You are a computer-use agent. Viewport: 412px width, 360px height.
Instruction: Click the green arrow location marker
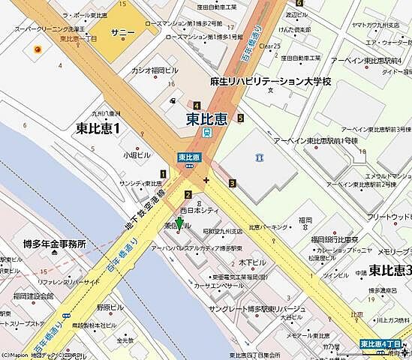[x=179, y=224]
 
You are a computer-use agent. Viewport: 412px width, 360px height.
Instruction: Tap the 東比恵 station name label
[x=207, y=118]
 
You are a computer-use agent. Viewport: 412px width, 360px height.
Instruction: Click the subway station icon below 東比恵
[x=206, y=132]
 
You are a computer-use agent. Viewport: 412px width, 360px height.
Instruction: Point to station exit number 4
[x=196, y=106]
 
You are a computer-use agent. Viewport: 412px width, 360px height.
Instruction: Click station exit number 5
[x=240, y=118]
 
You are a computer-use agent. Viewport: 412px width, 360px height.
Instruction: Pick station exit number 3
[x=233, y=183]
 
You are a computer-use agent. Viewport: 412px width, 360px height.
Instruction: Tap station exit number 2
[x=188, y=195]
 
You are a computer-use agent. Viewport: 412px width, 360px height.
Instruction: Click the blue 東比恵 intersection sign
[x=188, y=157]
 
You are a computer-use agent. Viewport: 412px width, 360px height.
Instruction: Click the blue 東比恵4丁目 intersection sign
[x=382, y=343]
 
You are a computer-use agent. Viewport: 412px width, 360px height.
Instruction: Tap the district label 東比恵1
[x=98, y=128]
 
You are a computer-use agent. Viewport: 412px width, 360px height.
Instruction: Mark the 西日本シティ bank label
[x=198, y=212]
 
